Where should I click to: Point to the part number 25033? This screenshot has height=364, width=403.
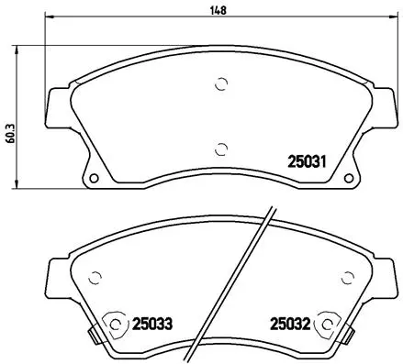(x=152, y=323)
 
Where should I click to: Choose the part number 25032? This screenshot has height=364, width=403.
(x=287, y=323)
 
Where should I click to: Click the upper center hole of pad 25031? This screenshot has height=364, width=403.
(x=220, y=84)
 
